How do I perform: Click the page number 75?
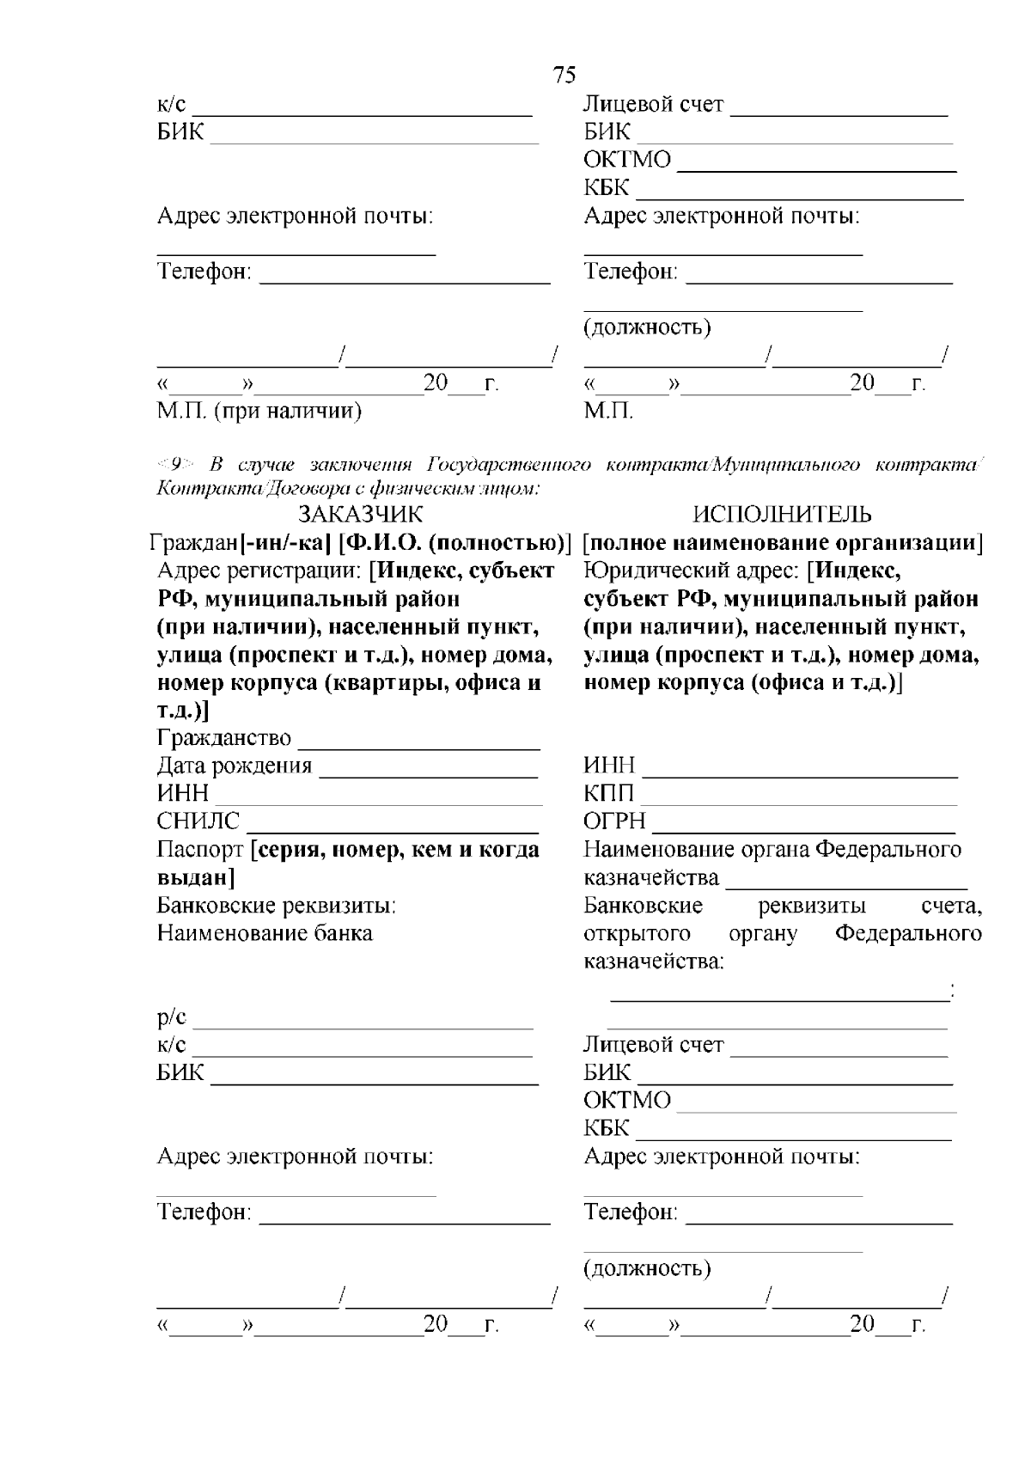point(564,76)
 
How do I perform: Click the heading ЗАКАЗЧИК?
point(360,514)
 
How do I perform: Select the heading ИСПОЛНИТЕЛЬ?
point(782,514)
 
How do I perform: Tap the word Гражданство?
point(224,738)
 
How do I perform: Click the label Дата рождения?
point(234,766)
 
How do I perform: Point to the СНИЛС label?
point(198,821)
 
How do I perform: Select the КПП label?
point(609,793)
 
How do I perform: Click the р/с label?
point(171,1017)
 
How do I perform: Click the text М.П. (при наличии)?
point(259,412)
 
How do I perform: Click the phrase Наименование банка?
point(265,933)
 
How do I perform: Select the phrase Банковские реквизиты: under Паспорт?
point(276,906)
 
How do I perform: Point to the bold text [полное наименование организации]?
point(783,542)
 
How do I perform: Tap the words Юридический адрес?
point(692,571)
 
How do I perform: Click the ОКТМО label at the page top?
point(627,161)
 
